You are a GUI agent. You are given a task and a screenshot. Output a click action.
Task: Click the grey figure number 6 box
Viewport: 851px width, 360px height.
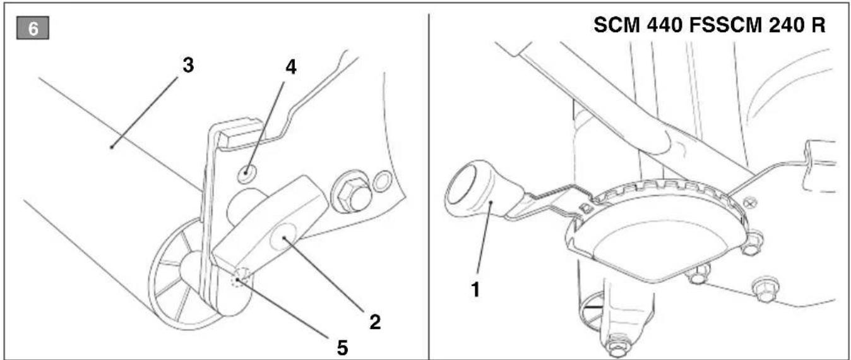tap(33, 28)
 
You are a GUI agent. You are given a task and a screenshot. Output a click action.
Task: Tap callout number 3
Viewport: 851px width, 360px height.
tap(188, 66)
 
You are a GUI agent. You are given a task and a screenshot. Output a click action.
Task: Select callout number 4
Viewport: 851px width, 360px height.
tap(291, 68)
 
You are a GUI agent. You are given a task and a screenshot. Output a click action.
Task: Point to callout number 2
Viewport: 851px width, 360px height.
tap(375, 322)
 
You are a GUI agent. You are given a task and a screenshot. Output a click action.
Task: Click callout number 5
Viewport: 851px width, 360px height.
tap(342, 347)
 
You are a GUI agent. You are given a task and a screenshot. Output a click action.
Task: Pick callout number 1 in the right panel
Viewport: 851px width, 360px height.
tap(475, 290)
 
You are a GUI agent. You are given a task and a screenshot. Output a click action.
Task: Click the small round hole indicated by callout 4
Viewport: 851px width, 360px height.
tap(246, 174)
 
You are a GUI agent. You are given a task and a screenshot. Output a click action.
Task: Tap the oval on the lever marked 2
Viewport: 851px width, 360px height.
tap(283, 237)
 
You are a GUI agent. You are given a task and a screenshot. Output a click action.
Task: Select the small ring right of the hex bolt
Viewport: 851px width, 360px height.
tap(381, 182)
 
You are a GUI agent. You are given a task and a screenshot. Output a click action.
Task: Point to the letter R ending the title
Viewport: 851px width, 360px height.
tap(818, 25)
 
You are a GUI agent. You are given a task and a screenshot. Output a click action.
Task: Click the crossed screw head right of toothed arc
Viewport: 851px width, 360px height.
tap(750, 203)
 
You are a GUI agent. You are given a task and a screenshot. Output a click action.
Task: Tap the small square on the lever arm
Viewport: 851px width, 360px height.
tap(586, 208)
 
